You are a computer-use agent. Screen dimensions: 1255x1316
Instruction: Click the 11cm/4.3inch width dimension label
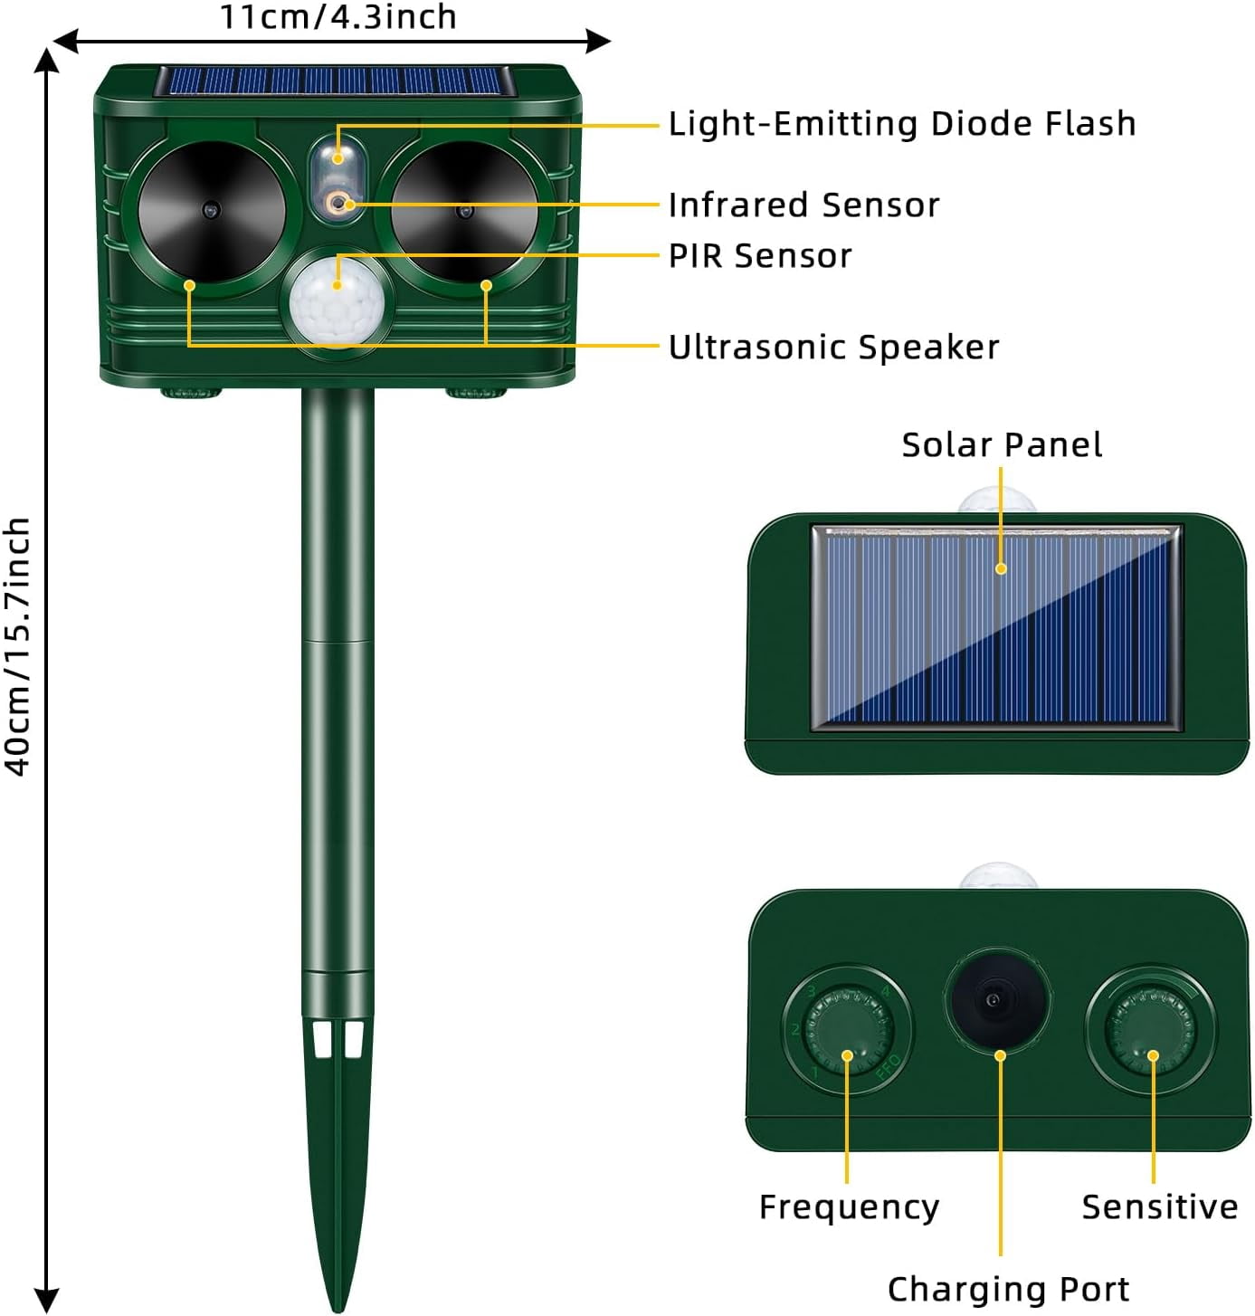point(338,16)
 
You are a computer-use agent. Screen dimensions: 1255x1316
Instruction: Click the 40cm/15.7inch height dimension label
point(16,646)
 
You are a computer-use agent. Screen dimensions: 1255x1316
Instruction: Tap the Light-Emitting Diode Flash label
point(901,124)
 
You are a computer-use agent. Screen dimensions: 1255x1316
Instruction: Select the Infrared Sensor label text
point(803,205)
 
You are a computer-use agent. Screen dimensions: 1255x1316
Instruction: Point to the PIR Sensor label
point(760,256)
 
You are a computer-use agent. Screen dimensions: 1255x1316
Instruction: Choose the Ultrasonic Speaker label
point(833,347)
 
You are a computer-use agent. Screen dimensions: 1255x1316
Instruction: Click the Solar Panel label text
point(1002,445)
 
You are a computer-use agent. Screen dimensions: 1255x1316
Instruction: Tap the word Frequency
point(849,1206)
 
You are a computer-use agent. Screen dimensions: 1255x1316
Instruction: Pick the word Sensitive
point(1159,1206)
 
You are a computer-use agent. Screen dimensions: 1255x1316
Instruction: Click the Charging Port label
point(1008,1289)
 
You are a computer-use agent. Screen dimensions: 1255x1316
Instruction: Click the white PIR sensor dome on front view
point(337,302)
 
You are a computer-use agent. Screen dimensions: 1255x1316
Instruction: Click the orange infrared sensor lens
point(338,202)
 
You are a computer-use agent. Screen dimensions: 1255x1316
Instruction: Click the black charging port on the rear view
point(997,999)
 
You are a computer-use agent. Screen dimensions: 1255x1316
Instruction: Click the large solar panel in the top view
point(996,627)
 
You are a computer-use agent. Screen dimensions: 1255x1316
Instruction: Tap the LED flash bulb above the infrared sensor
point(338,158)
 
